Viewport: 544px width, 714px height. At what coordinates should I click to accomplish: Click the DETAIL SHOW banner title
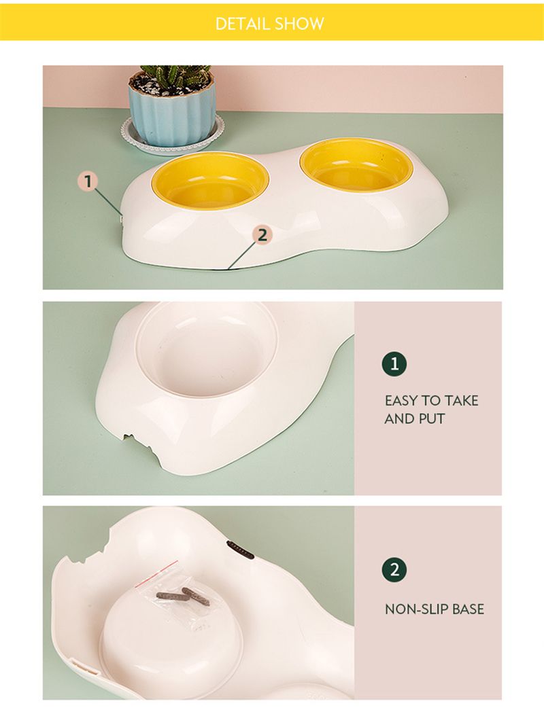[x=270, y=24]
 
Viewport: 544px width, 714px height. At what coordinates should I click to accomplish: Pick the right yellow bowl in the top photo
[x=356, y=164]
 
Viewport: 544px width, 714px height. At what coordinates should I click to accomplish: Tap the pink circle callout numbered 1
[x=88, y=181]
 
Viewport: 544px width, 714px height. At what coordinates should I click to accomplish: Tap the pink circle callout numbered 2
[x=262, y=235]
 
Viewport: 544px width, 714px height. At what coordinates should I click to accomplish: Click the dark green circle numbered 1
[x=394, y=365]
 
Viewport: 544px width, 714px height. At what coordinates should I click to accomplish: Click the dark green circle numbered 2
[x=394, y=569]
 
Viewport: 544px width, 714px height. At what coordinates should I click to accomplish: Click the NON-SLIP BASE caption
[x=435, y=609]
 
